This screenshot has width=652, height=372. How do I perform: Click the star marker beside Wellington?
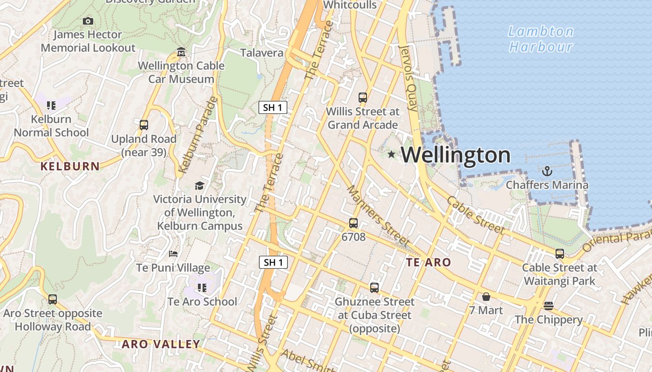coord(392,154)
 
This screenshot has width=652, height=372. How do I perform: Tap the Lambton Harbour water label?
coord(541,39)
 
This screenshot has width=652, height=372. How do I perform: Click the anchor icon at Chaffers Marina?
coord(547,171)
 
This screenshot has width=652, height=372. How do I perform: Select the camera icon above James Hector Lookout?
coord(88,21)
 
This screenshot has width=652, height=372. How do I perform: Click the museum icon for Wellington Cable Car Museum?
coord(182,52)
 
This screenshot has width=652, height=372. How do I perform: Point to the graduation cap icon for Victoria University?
coord(199,186)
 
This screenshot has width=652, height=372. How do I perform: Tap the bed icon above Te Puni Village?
coord(173,254)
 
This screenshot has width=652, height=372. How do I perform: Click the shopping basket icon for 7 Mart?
coord(486,297)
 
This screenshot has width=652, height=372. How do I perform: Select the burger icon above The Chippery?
coord(549,306)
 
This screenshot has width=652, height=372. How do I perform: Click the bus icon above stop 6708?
coord(353,223)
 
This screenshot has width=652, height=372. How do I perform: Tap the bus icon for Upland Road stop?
coord(144,125)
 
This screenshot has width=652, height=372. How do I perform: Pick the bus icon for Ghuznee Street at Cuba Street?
coord(374,288)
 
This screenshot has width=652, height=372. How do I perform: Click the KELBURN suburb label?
coord(70,166)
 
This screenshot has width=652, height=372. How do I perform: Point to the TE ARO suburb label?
coord(428,262)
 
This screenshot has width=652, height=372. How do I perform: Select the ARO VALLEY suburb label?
coord(161,345)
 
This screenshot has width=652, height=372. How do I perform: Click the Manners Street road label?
coord(378,216)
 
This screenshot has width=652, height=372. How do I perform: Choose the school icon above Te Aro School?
coord(202,288)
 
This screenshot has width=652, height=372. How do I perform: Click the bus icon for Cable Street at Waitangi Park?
coord(560,254)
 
